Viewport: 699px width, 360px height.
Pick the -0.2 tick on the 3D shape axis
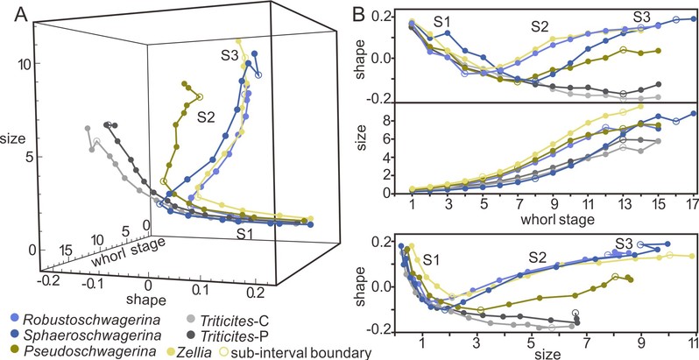tap(48, 282)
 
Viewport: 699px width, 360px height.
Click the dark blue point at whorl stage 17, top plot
tap(692, 18)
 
